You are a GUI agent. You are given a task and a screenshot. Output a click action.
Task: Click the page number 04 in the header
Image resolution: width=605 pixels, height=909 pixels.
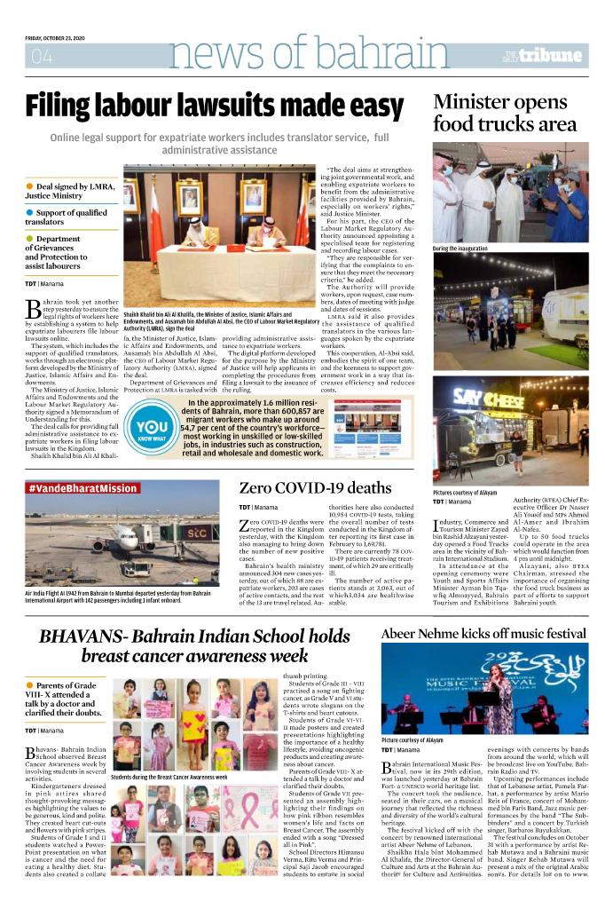(42, 58)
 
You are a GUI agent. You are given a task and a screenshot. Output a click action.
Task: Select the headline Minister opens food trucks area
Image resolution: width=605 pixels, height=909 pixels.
(504, 113)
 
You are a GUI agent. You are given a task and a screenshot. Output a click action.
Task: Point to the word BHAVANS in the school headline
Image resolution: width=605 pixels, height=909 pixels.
(84, 612)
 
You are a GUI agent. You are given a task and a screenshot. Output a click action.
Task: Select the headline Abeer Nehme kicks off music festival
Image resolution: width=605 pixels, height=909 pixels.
(483, 609)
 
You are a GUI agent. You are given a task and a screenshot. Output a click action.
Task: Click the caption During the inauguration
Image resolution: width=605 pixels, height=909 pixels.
(460, 249)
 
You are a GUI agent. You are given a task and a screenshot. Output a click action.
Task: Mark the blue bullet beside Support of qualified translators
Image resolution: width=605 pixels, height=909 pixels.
(29, 213)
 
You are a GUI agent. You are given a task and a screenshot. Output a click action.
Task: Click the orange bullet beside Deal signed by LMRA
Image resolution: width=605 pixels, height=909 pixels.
(29, 186)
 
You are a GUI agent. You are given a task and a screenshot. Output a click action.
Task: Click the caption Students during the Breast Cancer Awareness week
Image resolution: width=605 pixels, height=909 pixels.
(169, 777)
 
